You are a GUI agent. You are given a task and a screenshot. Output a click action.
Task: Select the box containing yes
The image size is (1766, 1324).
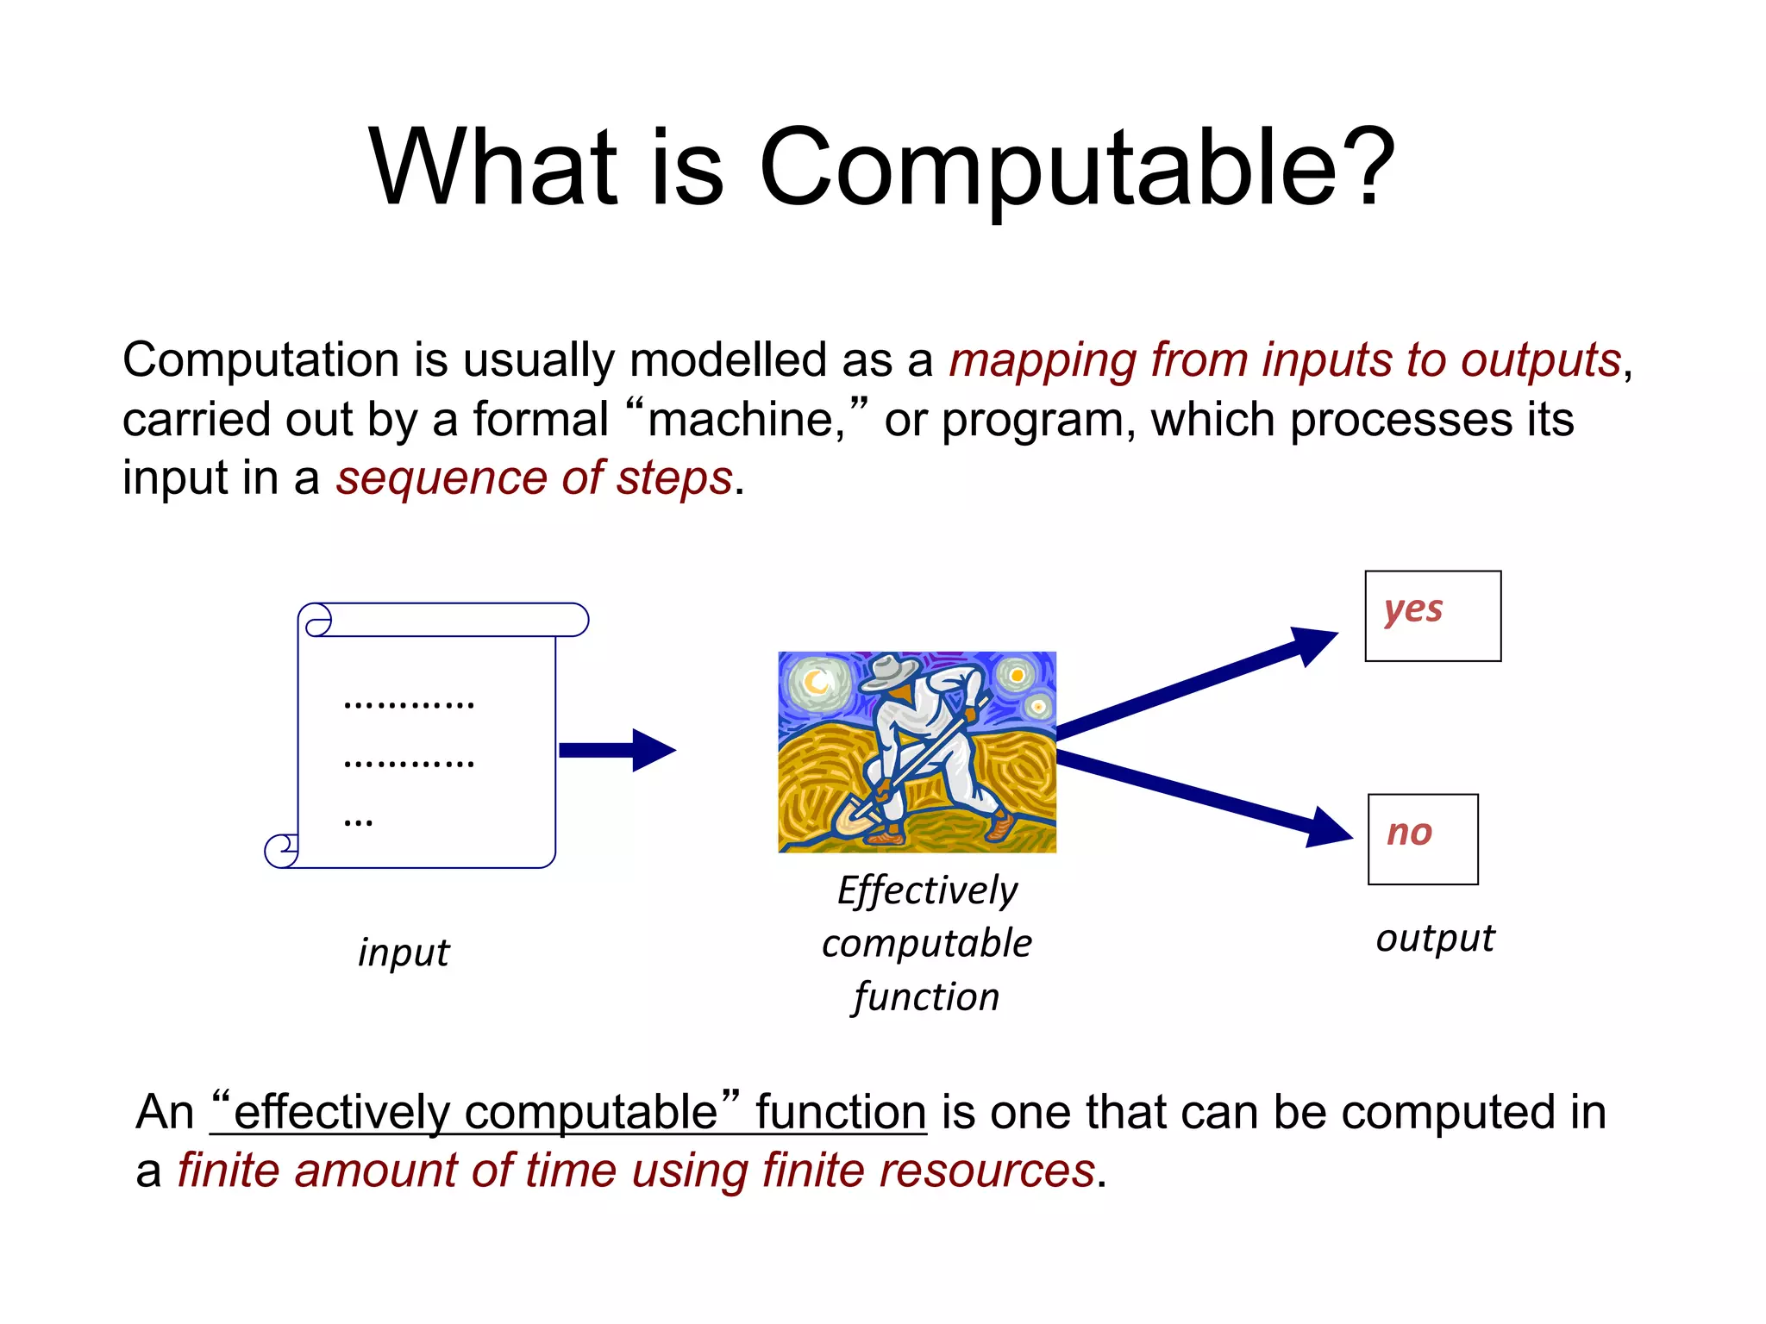click(x=1432, y=615)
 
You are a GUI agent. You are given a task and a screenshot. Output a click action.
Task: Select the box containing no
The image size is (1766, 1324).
click(x=1423, y=839)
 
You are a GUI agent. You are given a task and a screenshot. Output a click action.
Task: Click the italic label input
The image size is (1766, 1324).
click(x=404, y=953)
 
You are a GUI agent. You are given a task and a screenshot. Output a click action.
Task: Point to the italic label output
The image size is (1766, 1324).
click(x=1435, y=939)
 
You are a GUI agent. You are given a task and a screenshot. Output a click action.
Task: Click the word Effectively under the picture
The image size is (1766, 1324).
click(x=927, y=890)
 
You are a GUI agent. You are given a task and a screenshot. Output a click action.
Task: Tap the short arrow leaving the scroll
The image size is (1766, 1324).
click(x=617, y=750)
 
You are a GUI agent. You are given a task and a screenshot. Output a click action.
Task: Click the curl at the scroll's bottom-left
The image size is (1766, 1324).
click(x=280, y=851)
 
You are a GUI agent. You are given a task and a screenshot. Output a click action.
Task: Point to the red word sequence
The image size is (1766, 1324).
click(x=441, y=479)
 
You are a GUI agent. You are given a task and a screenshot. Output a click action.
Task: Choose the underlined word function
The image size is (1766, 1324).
click(x=841, y=1112)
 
